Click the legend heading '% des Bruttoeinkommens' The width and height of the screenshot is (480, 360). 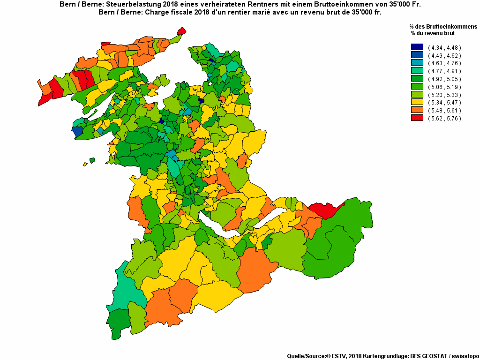click(x=443, y=27)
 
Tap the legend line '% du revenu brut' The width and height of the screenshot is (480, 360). click(x=433, y=33)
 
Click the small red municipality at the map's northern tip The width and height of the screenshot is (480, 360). click(x=181, y=31)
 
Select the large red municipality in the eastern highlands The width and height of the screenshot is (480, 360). click(x=325, y=210)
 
